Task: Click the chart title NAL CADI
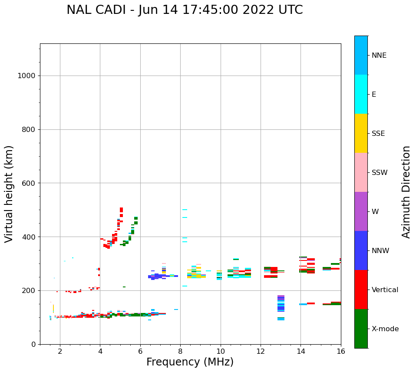pos(185,10)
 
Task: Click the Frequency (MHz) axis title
pos(190,362)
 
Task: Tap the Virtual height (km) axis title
pos(9,194)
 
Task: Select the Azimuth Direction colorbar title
pos(406,192)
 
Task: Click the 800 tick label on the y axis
pos(29,129)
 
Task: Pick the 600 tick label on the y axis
pos(29,183)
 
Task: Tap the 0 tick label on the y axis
pos(33,344)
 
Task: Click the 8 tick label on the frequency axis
pos(180,351)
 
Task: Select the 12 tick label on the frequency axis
pos(261,351)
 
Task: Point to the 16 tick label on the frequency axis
pos(341,351)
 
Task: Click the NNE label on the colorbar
pos(379,56)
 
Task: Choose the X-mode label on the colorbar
pos(385,329)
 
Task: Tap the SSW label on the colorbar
pos(380,173)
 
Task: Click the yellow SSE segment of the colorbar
pos(361,133)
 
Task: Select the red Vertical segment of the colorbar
pos(361,290)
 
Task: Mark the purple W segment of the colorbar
pos(361,211)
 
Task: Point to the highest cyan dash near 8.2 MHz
pos(185,210)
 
